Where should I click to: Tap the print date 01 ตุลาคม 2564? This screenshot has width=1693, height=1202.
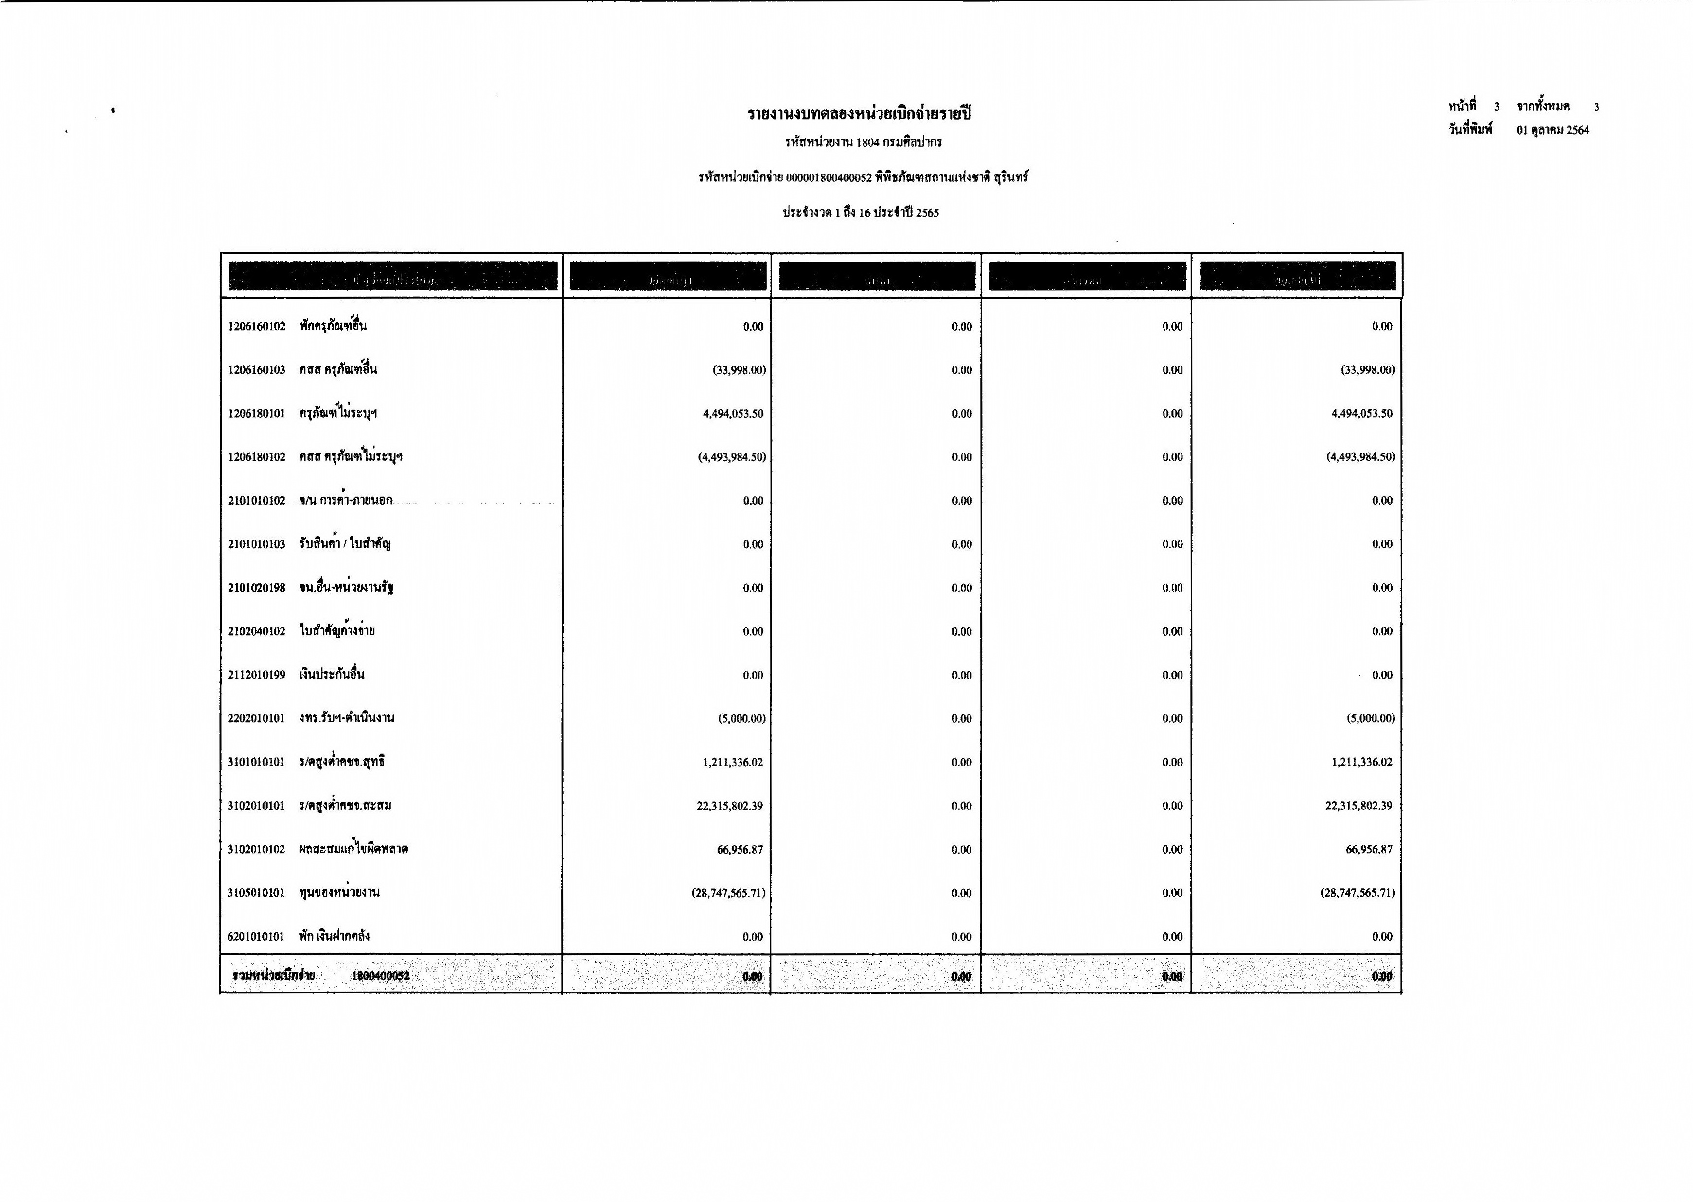click(x=1552, y=130)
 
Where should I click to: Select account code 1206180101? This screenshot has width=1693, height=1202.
click(x=256, y=414)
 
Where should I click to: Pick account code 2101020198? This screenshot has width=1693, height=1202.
click(x=256, y=588)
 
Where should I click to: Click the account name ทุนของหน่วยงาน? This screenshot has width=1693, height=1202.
click(x=339, y=892)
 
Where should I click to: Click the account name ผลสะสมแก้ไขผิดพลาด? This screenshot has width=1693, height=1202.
click(x=353, y=849)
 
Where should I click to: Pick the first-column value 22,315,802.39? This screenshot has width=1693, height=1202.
click(x=729, y=806)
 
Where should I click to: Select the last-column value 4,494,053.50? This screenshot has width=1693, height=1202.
click(x=1361, y=414)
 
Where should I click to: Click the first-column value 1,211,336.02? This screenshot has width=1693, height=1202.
click(x=732, y=762)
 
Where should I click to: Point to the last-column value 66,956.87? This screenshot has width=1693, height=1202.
click(x=1369, y=850)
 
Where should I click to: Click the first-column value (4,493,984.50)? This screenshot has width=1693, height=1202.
click(x=731, y=457)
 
